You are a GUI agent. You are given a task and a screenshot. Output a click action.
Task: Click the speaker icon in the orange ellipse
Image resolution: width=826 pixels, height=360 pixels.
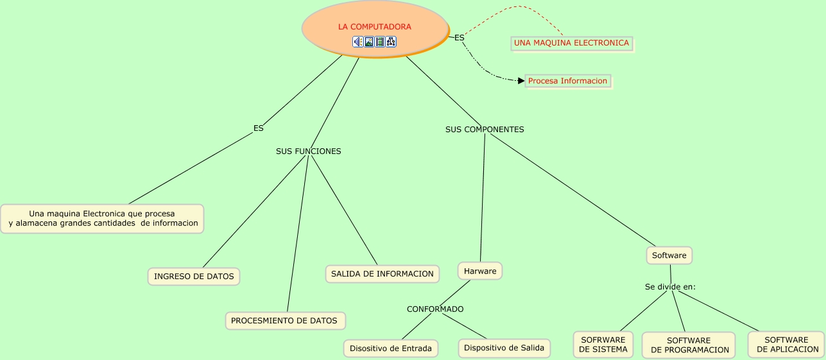357,42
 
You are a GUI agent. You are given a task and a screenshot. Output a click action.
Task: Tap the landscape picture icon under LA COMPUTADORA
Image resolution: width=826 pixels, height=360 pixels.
369,42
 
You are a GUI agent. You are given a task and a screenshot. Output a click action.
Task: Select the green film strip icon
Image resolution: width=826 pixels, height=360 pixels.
380,42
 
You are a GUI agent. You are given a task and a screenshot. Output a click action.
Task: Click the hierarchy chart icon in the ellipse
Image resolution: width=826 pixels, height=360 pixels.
391,42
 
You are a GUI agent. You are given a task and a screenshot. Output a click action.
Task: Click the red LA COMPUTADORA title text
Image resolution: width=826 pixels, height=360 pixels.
375,26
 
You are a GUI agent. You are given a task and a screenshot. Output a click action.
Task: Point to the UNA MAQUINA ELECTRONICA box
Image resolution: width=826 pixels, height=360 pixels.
572,43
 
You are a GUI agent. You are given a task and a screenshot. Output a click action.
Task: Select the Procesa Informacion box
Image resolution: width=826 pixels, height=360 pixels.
568,81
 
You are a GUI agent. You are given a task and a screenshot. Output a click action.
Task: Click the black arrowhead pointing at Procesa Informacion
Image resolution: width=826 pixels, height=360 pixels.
521,80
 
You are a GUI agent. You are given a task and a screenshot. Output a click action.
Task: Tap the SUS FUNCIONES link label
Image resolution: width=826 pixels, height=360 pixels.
308,151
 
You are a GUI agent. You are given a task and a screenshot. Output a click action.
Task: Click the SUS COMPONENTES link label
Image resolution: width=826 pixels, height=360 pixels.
485,130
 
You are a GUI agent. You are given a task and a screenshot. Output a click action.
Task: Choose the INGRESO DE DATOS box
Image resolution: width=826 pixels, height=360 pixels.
194,277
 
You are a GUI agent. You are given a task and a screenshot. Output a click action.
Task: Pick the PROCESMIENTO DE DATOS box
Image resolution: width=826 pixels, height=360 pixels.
286,321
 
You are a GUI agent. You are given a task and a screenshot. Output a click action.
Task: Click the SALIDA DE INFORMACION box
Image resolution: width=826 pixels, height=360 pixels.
383,274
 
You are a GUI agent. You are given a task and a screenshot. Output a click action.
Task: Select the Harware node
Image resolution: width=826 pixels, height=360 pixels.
480,271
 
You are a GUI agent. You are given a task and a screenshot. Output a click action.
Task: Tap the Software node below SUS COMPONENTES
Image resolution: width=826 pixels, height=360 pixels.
669,255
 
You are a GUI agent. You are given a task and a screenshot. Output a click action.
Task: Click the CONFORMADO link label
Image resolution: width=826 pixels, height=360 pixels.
435,309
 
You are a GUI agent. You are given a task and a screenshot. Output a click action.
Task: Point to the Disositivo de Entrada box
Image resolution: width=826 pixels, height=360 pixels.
391,348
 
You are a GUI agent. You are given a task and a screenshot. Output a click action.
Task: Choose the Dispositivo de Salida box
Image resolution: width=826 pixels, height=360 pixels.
504,348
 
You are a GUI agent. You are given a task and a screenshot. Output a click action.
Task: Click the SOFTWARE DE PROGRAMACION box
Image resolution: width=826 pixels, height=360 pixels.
689,345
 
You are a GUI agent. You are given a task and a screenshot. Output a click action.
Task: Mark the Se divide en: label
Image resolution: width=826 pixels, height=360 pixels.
670,287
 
